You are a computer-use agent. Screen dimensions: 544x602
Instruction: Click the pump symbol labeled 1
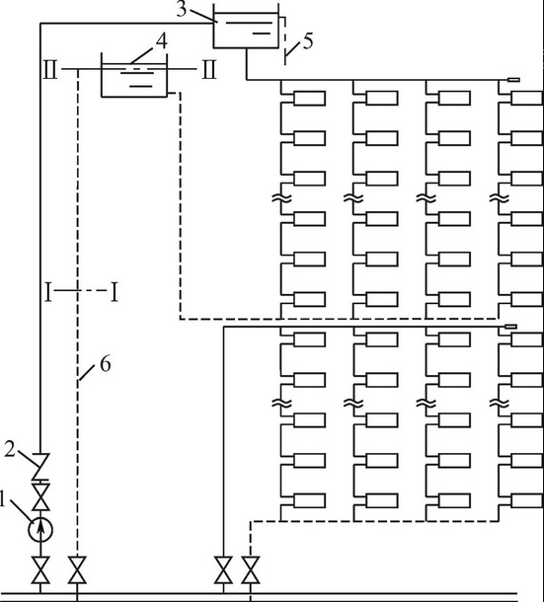point(40,530)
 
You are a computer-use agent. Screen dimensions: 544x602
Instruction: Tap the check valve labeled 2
point(40,466)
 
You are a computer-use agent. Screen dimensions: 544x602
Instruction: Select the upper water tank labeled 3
point(246,31)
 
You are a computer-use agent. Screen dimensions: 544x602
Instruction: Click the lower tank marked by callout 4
point(134,80)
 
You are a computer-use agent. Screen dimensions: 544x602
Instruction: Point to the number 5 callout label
point(308,40)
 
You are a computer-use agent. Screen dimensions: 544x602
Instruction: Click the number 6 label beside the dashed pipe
point(106,363)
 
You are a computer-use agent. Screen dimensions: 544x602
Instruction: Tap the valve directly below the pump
point(40,569)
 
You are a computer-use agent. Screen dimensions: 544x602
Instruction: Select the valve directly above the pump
point(40,496)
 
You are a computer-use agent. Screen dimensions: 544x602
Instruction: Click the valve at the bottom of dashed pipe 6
point(77,569)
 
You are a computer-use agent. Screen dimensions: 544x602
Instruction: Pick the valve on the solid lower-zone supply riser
point(223,569)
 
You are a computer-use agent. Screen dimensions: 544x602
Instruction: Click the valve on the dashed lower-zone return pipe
point(251,569)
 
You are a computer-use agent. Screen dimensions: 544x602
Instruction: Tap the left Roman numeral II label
point(50,69)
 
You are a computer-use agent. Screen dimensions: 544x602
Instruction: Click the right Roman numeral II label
point(209,69)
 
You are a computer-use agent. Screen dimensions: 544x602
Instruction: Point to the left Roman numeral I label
point(48,292)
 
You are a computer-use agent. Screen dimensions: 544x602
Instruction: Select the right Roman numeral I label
point(115,292)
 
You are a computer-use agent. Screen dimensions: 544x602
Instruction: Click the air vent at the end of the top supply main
point(513,80)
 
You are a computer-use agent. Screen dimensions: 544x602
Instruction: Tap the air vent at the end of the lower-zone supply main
point(510,327)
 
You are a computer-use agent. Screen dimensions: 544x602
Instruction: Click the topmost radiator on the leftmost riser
point(310,99)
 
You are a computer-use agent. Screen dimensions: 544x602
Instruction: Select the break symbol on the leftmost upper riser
point(281,198)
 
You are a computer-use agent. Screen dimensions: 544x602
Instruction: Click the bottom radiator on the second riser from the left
point(382,501)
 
